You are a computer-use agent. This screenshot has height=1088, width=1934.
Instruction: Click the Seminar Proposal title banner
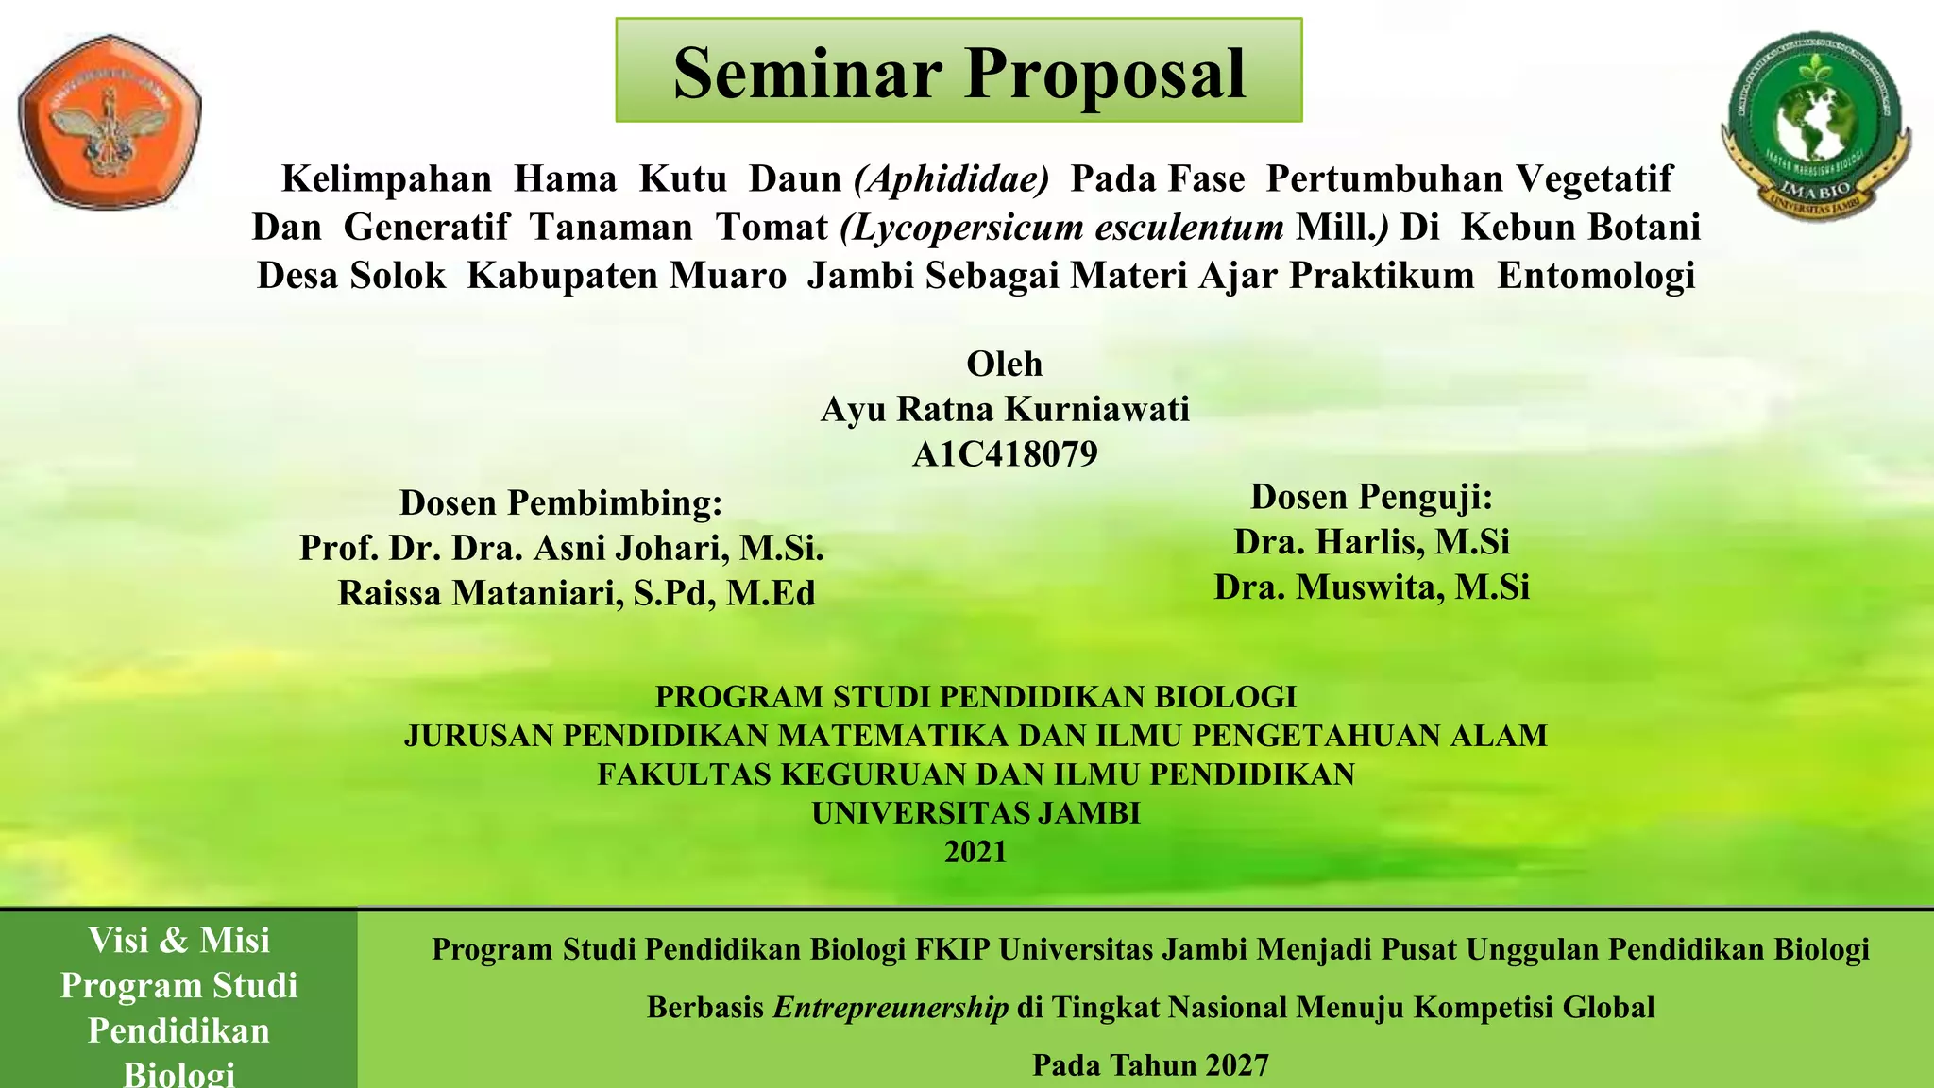click(959, 72)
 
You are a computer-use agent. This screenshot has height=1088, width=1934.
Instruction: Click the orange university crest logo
click(110, 123)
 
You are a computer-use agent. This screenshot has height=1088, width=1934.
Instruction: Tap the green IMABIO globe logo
click(1815, 127)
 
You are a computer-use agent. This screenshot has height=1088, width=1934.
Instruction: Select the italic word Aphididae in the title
click(951, 179)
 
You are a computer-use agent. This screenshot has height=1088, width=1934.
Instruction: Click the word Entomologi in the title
click(1596, 276)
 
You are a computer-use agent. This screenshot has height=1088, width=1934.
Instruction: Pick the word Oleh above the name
click(1004, 364)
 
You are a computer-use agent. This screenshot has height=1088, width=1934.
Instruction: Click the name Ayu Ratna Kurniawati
click(1004, 409)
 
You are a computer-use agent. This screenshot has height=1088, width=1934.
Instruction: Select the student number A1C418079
click(1004, 454)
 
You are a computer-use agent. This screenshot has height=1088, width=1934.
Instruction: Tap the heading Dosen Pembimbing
click(561, 502)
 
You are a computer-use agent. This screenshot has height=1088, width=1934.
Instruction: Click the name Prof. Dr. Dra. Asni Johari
click(561, 548)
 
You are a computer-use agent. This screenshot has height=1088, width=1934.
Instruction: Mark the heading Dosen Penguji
click(1371, 497)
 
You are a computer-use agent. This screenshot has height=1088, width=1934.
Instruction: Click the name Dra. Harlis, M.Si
click(1371, 542)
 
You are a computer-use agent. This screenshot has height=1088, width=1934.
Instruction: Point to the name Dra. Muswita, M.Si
click(1371, 587)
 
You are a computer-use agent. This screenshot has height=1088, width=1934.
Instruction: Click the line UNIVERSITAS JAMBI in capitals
click(975, 813)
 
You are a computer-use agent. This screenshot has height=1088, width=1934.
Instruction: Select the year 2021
click(975, 852)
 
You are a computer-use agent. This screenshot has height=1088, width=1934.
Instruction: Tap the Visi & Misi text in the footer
click(178, 941)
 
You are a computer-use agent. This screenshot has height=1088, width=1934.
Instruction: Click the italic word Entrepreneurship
click(891, 1008)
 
